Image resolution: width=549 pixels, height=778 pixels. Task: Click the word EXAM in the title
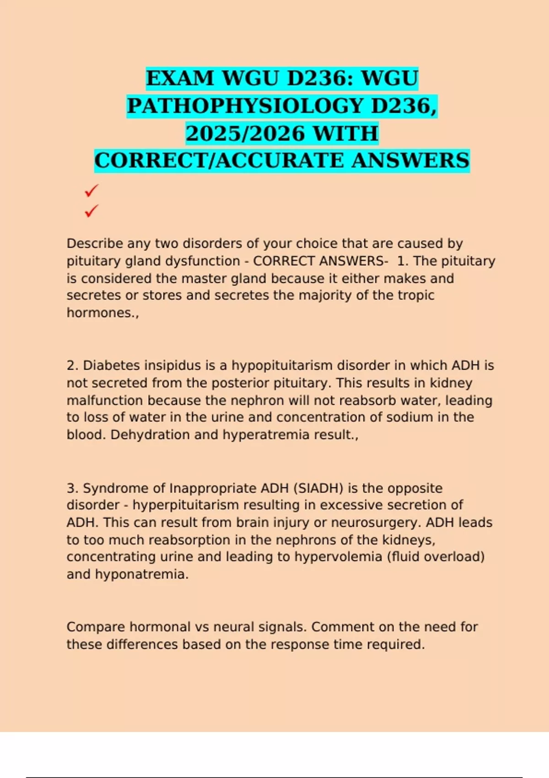180,78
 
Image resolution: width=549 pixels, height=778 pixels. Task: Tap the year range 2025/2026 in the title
245,134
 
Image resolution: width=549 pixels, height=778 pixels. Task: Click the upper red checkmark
91,190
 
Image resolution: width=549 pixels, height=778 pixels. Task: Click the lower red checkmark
91,211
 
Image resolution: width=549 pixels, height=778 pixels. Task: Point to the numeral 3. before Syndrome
72,488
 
